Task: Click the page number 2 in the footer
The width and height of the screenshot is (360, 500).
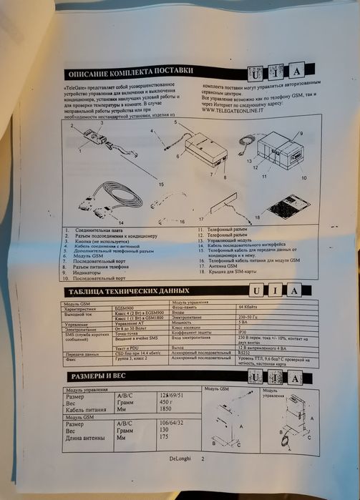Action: click(x=203, y=459)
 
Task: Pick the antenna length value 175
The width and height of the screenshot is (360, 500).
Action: click(x=166, y=438)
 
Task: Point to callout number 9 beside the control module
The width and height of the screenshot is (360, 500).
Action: click(x=301, y=134)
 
